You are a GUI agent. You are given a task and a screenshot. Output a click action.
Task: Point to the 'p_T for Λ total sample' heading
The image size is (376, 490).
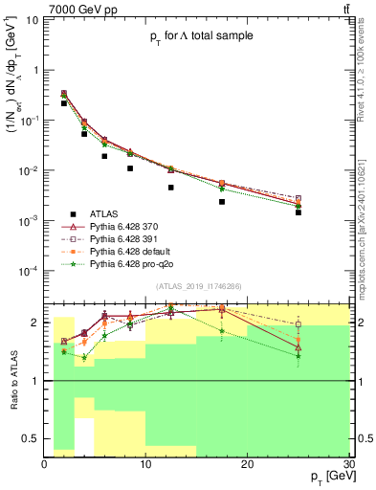(x=189, y=35)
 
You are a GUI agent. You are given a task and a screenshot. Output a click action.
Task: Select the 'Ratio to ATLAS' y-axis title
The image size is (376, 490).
(x=11, y=380)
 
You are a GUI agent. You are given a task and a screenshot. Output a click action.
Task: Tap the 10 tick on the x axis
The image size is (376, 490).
(x=145, y=463)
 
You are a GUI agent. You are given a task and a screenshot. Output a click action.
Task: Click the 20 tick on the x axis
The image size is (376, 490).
(x=247, y=463)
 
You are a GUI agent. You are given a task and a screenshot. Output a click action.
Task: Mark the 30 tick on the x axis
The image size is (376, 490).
(x=347, y=463)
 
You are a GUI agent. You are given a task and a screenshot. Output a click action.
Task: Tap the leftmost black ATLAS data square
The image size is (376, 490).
(x=64, y=102)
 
